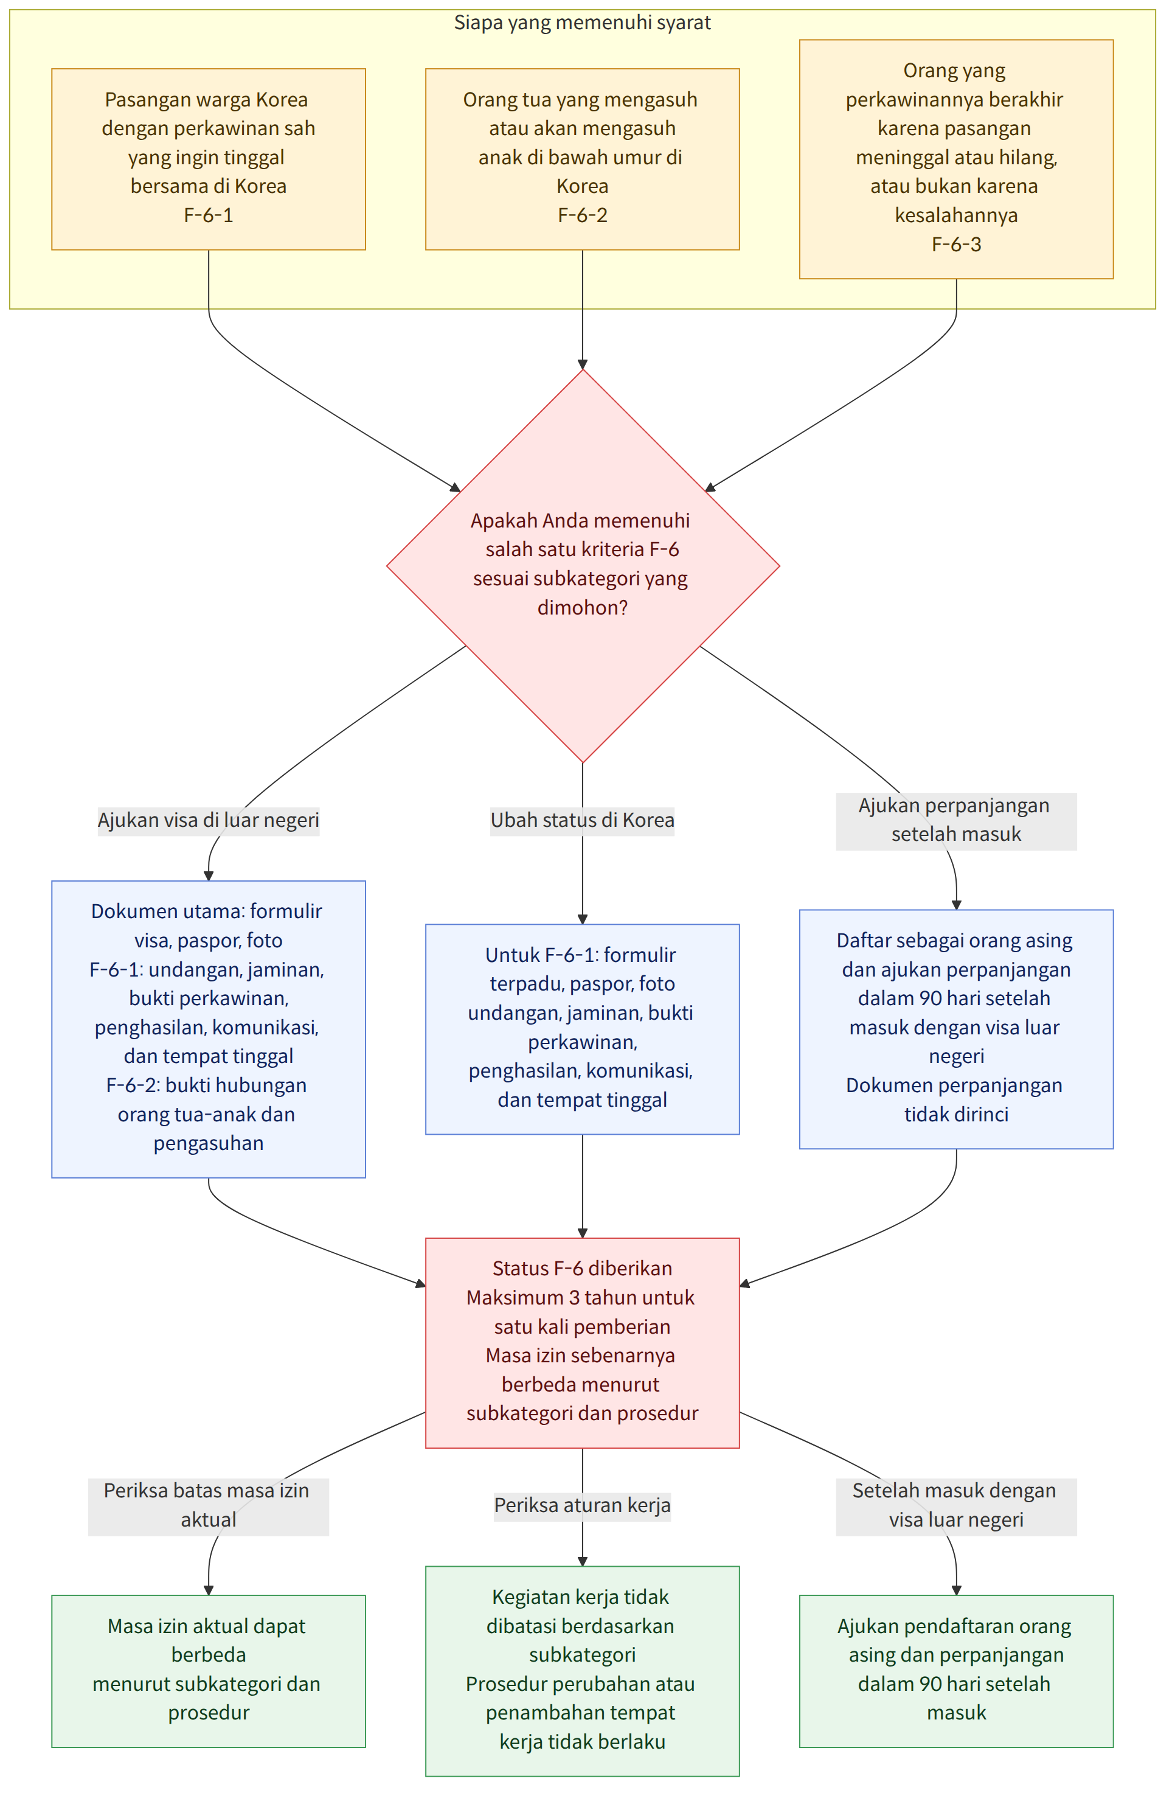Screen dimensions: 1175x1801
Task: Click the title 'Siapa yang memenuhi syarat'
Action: click(582, 23)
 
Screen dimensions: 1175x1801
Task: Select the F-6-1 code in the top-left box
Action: click(208, 215)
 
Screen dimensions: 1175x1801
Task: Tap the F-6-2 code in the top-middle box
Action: click(582, 215)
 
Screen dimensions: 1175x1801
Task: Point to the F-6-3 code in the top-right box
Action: click(956, 245)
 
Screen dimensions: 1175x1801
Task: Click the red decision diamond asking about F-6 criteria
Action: click(583, 565)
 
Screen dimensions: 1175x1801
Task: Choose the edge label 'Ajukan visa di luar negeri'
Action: click(208, 820)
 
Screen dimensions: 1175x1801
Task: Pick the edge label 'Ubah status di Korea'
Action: click(582, 820)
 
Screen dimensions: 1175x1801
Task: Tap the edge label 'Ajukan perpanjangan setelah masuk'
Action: click(956, 820)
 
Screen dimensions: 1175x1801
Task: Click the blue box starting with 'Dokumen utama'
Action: click(208, 1028)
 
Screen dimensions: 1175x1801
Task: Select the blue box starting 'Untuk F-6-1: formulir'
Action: click(582, 1028)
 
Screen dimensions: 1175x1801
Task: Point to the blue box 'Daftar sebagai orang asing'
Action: click(956, 1028)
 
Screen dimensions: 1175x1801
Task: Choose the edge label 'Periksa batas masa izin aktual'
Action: click(208, 1506)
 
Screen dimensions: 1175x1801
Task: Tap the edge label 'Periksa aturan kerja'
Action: click(582, 1506)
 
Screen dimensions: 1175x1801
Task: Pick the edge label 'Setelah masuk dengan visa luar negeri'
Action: click(956, 1506)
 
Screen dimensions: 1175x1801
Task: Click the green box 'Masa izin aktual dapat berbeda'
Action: click(208, 1671)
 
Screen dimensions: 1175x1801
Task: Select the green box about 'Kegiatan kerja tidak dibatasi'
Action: click(582, 1671)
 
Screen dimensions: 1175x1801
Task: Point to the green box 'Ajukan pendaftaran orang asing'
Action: click(956, 1671)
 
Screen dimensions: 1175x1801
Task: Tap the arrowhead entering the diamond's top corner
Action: click(583, 364)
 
